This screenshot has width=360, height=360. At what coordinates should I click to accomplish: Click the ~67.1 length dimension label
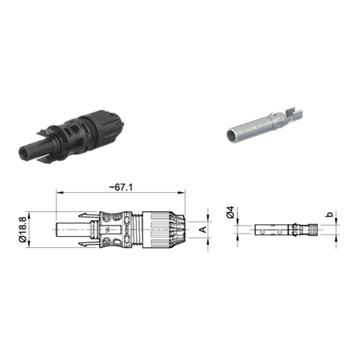121,187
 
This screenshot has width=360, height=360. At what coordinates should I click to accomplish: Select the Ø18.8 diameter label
23,230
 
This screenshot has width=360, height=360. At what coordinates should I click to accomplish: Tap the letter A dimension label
203,229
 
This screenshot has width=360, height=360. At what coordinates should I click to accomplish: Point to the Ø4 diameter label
230,212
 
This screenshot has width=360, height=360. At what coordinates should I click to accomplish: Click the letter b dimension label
330,214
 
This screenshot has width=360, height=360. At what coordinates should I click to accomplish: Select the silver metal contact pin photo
264,124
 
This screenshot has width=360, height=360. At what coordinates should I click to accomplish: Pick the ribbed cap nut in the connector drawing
163,230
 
